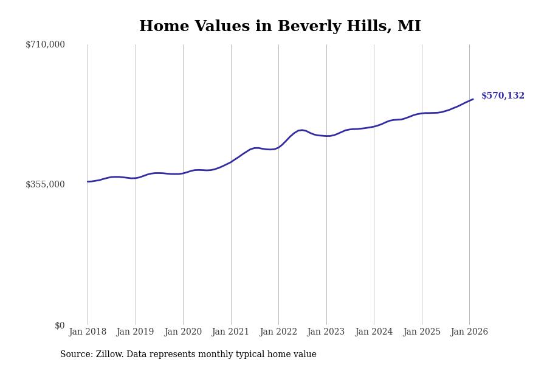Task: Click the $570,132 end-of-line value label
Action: pos(503,96)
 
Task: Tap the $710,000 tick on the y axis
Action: pos(45,44)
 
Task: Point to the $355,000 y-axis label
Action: pos(45,184)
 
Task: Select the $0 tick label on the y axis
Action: pos(60,325)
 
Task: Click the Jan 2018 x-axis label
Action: pos(88,332)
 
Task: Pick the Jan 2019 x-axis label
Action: pos(135,332)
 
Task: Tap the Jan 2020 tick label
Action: pos(183,332)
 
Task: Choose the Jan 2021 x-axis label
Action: pos(230,332)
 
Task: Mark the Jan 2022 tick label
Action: pos(278,332)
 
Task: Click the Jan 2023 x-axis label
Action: pos(326,332)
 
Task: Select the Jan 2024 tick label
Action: pos(374,332)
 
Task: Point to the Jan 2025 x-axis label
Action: pos(421,332)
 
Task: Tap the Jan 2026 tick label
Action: pos(469,332)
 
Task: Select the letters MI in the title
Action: pos(409,27)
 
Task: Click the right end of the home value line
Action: pos(473,99)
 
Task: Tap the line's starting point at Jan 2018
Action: pos(88,181)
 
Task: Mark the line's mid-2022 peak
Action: pos(301,130)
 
